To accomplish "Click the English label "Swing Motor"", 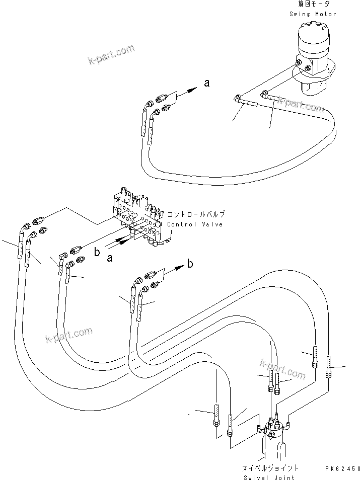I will click(312, 14).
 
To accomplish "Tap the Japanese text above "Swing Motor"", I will click(313, 5).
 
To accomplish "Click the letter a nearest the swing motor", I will click(206, 83).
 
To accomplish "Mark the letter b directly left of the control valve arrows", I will click(97, 252).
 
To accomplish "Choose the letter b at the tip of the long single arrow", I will click(190, 263).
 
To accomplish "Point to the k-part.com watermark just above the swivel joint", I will click(282, 370).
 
